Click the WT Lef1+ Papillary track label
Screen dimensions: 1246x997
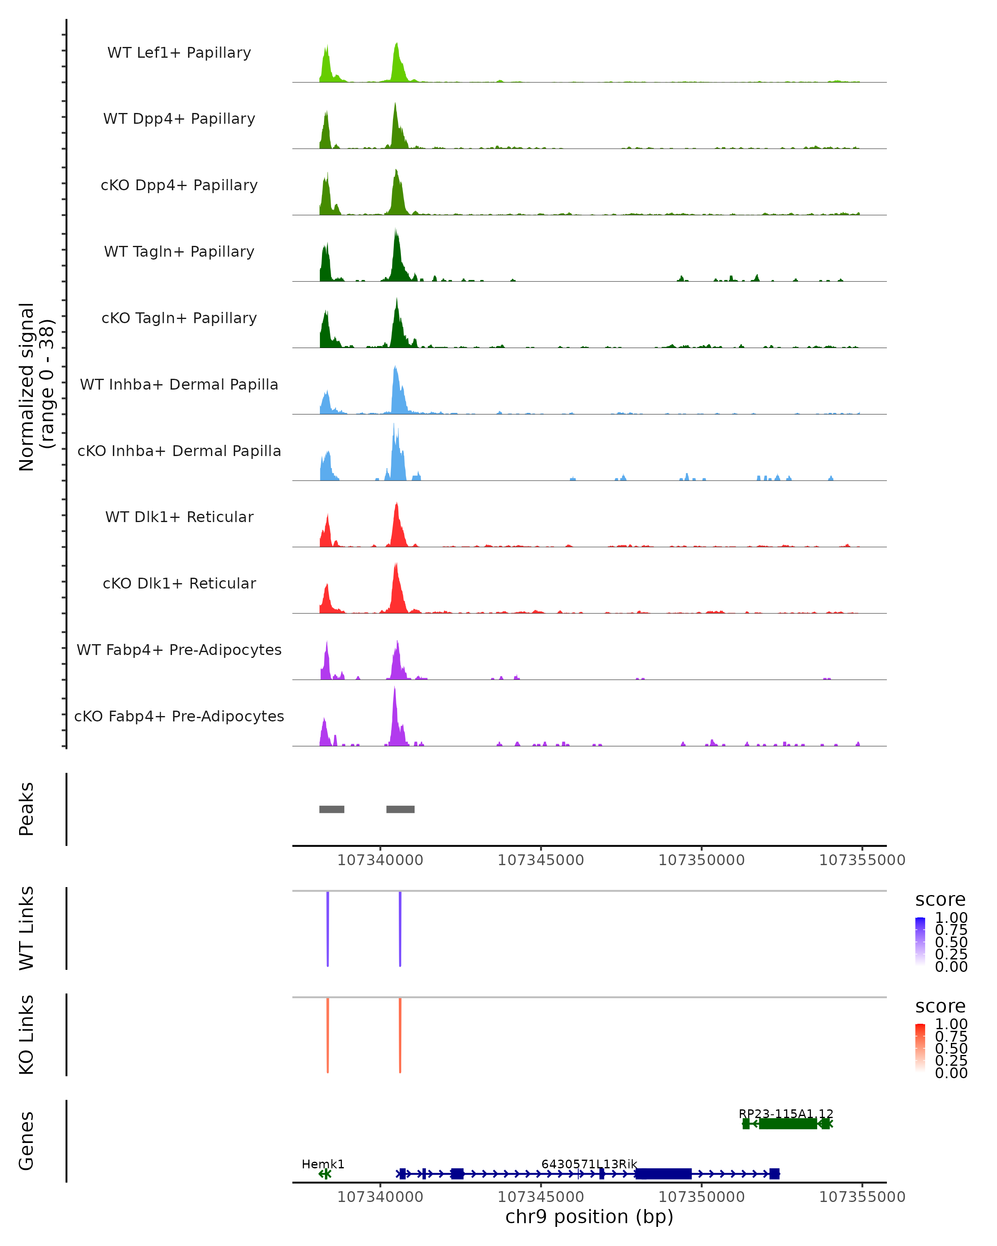tap(179, 53)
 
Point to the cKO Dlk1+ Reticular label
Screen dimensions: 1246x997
tap(179, 583)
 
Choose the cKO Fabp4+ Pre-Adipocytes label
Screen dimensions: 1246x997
tap(179, 716)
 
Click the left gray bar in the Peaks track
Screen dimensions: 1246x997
tap(332, 809)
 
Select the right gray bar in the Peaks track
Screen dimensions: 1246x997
tap(400, 809)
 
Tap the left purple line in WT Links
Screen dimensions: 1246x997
tap(328, 929)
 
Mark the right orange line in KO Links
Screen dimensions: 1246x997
tap(400, 1035)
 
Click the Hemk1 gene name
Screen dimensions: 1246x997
tap(323, 1164)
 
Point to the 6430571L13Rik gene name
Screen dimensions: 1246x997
tap(589, 1164)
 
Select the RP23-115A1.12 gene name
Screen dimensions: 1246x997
tap(786, 1114)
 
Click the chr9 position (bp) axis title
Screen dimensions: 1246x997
tap(589, 1217)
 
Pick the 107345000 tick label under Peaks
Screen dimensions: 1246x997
tap(540, 860)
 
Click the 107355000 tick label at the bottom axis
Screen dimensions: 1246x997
tap(862, 1197)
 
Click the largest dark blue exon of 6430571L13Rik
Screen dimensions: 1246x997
tap(663, 1174)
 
